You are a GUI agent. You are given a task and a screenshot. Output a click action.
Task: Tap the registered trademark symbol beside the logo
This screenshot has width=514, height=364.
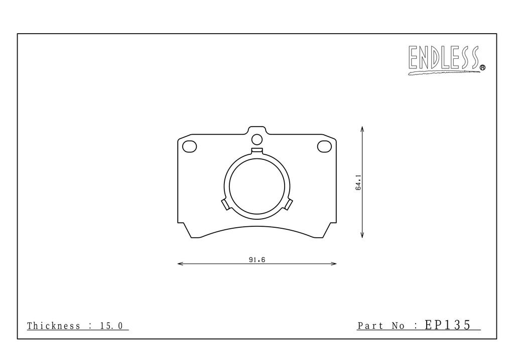click(x=482, y=67)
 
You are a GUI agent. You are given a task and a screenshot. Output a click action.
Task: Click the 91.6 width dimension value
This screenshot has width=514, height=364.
click(x=257, y=259)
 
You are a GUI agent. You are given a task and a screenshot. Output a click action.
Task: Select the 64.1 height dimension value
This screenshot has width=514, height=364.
click(x=358, y=182)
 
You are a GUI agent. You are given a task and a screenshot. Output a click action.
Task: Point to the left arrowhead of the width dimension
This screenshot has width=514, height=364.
click(x=180, y=263)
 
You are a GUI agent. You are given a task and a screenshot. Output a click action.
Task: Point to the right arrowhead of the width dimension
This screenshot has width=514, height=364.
click(x=334, y=263)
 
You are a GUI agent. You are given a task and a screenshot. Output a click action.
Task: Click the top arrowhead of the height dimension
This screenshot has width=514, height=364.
click(x=362, y=129)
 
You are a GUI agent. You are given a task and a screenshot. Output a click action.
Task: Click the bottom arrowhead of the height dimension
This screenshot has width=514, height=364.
click(x=362, y=235)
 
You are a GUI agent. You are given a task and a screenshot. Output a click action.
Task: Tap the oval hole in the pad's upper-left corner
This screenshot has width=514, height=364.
click(x=189, y=146)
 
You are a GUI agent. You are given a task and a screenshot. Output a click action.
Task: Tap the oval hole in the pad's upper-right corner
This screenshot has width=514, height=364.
click(x=325, y=146)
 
